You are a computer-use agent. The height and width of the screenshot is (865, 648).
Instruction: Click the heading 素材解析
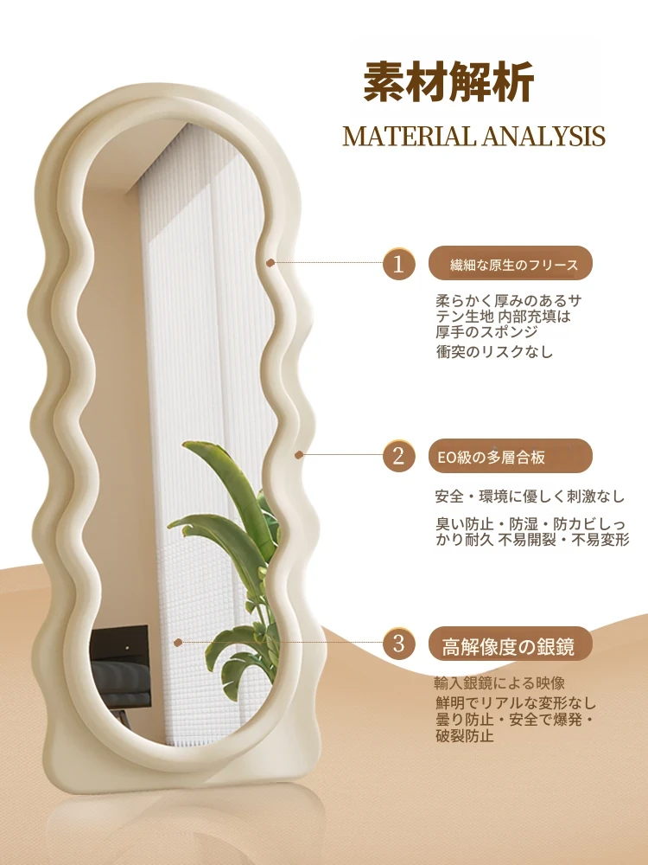tap(448, 81)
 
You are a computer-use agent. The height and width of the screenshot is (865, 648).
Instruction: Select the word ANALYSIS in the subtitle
tap(541, 137)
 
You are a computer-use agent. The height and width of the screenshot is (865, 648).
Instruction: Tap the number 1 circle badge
tap(398, 264)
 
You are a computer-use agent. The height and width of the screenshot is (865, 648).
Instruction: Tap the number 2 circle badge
tap(398, 456)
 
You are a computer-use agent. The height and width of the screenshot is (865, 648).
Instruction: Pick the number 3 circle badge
tap(398, 644)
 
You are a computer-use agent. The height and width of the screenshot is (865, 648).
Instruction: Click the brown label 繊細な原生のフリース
tap(511, 264)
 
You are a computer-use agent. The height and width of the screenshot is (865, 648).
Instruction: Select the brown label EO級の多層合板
tap(511, 456)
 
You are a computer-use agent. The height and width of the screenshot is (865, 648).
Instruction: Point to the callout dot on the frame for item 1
tap(270, 263)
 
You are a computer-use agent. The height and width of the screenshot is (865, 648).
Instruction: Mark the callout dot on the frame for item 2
tap(299, 455)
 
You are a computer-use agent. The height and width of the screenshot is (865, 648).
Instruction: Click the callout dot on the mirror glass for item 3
tap(177, 643)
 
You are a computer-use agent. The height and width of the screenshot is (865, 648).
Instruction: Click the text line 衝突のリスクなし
tap(494, 351)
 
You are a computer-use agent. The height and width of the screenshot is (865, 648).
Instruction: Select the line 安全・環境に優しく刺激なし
tap(530, 496)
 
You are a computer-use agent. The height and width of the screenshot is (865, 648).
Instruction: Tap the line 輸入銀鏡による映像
tap(499, 683)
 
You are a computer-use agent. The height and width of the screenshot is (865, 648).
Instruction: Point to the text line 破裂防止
tap(465, 736)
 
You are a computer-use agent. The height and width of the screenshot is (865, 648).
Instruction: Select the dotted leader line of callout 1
tap(328, 263)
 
